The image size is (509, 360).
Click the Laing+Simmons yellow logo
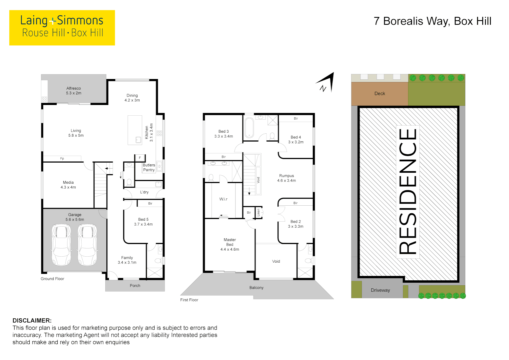point(62,27)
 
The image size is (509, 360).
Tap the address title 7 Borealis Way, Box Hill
point(432,21)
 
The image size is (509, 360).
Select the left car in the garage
point(61,244)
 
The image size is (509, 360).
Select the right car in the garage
point(87,244)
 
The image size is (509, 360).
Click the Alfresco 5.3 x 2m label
point(74,91)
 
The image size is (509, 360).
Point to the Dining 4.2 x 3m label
point(132,98)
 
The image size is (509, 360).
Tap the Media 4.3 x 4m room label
point(68,185)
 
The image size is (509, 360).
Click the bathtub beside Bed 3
point(249,128)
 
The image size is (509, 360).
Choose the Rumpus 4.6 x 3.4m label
point(286,178)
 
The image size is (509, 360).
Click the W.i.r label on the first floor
point(223,199)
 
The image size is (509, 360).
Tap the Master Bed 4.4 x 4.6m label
point(230,244)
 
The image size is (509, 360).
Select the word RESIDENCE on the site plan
point(408,192)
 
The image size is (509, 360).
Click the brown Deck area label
point(379,94)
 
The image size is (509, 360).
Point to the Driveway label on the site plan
point(380,290)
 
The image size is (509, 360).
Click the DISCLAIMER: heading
point(32,320)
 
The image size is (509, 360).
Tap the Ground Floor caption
point(52,279)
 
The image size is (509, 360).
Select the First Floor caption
point(189,300)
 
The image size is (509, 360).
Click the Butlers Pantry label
point(149,167)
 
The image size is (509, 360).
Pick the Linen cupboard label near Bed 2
point(258,212)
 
